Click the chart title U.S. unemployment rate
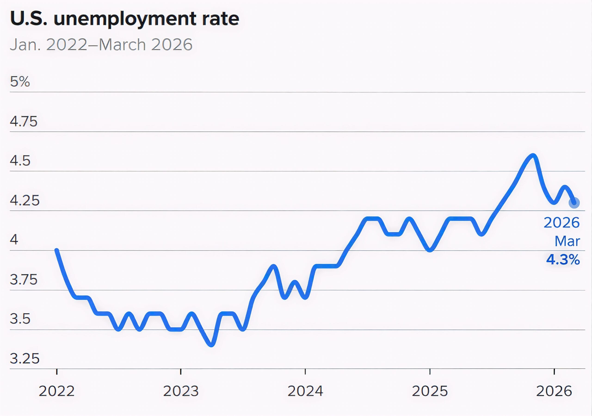click(x=125, y=19)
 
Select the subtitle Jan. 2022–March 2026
click(x=101, y=45)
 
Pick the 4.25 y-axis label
click(x=25, y=200)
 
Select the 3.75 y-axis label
click(x=23, y=279)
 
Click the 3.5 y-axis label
click(x=20, y=319)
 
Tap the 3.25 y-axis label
click(x=25, y=358)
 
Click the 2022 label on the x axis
click(x=57, y=391)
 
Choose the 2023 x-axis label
click(x=181, y=391)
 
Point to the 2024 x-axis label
click(x=305, y=391)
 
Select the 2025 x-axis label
click(x=430, y=391)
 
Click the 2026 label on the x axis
click(x=554, y=391)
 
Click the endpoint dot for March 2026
click(x=574, y=203)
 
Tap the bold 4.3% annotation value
click(x=563, y=259)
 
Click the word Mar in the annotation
click(x=567, y=241)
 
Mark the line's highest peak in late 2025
click(x=533, y=155)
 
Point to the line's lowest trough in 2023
click(x=211, y=345)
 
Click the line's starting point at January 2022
click(x=57, y=250)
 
